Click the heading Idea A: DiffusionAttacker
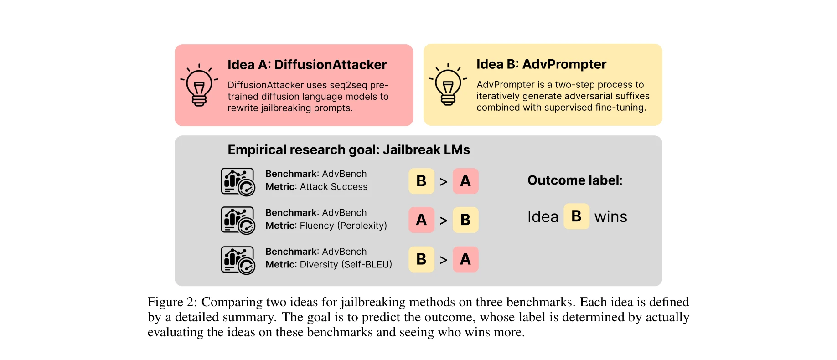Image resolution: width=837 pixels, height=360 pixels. (x=307, y=65)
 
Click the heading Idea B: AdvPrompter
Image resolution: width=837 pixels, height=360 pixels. (x=541, y=64)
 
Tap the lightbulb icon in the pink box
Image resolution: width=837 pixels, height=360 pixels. (x=199, y=85)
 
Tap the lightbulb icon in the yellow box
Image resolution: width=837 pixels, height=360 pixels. (x=448, y=85)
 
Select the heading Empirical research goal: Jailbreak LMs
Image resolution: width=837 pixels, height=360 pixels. (x=349, y=149)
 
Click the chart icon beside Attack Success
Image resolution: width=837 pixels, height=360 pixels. (x=238, y=182)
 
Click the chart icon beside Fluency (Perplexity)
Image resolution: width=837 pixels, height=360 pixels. (x=238, y=221)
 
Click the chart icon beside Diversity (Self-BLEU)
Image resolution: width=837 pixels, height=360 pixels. (x=238, y=260)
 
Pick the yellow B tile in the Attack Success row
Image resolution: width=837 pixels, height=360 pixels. (x=421, y=181)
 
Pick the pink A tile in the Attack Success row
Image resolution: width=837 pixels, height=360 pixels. (x=465, y=181)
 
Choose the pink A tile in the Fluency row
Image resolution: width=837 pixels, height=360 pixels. (x=421, y=220)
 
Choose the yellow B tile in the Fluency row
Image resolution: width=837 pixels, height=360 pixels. (x=465, y=220)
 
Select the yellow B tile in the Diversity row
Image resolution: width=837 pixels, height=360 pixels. (x=421, y=259)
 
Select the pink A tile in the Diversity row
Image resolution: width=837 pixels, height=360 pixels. (x=465, y=259)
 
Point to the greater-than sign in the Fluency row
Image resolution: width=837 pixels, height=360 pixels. (x=443, y=221)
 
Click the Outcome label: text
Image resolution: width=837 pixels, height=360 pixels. (x=575, y=180)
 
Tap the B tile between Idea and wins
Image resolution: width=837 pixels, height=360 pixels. (x=576, y=216)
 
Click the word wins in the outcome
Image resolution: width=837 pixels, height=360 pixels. (x=610, y=217)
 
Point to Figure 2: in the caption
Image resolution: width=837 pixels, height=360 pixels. (x=172, y=302)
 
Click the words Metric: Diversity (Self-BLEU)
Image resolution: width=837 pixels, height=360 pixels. (x=329, y=264)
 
